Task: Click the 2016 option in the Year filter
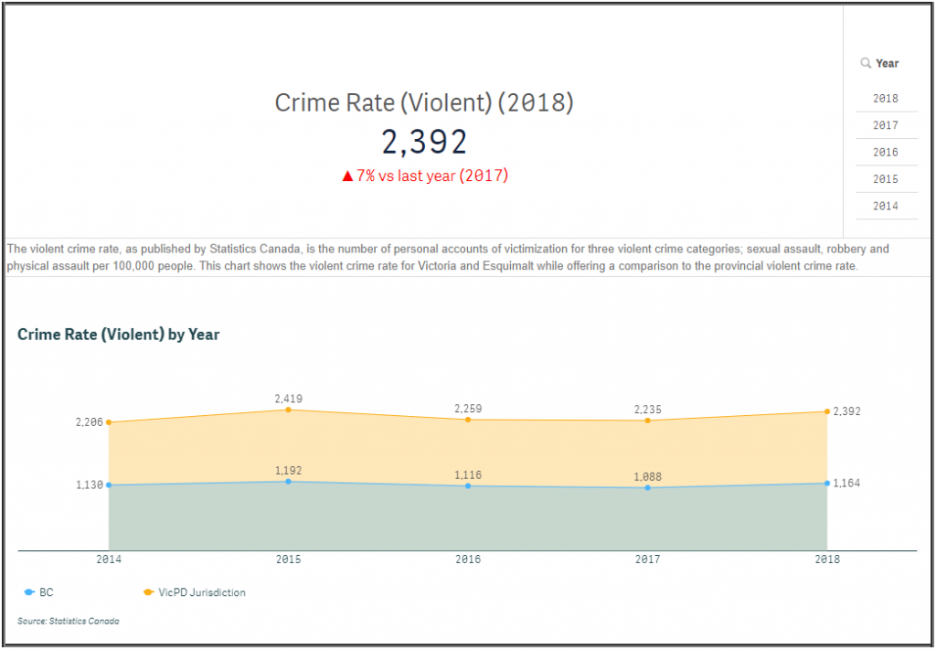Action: [x=885, y=153]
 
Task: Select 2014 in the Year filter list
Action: [x=885, y=207]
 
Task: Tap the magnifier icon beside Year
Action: [x=865, y=63]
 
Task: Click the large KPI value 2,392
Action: [x=424, y=142]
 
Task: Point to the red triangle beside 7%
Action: [x=347, y=176]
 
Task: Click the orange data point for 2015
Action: [x=288, y=410]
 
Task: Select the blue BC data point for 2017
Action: [x=647, y=487]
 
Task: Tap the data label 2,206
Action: [x=89, y=422]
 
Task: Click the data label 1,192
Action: [x=288, y=471]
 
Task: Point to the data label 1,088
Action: [x=647, y=476]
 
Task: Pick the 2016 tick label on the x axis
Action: [x=468, y=559]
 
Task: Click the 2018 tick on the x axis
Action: [x=826, y=559]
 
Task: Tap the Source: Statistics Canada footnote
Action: [x=69, y=621]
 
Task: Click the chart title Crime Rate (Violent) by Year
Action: [x=119, y=335]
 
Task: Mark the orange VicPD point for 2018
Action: [x=826, y=411]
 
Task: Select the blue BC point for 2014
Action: [x=109, y=485]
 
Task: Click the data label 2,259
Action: [x=468, y=408]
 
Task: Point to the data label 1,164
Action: [x=846, y=483]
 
